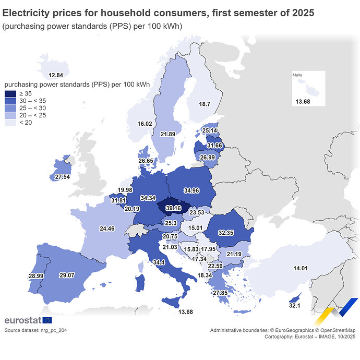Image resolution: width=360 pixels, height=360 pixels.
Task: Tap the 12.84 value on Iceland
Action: tap(56, 75)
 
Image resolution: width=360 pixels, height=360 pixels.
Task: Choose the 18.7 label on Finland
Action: tap(205, 104)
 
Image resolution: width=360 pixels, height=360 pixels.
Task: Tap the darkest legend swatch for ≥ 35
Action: tap(10, 93)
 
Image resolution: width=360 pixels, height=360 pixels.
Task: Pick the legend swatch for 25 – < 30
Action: tap(10, 108)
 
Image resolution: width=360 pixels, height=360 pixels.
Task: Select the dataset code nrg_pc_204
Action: tap(52, 330)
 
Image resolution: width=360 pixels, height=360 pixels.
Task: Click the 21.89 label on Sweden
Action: tap(167, 134)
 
